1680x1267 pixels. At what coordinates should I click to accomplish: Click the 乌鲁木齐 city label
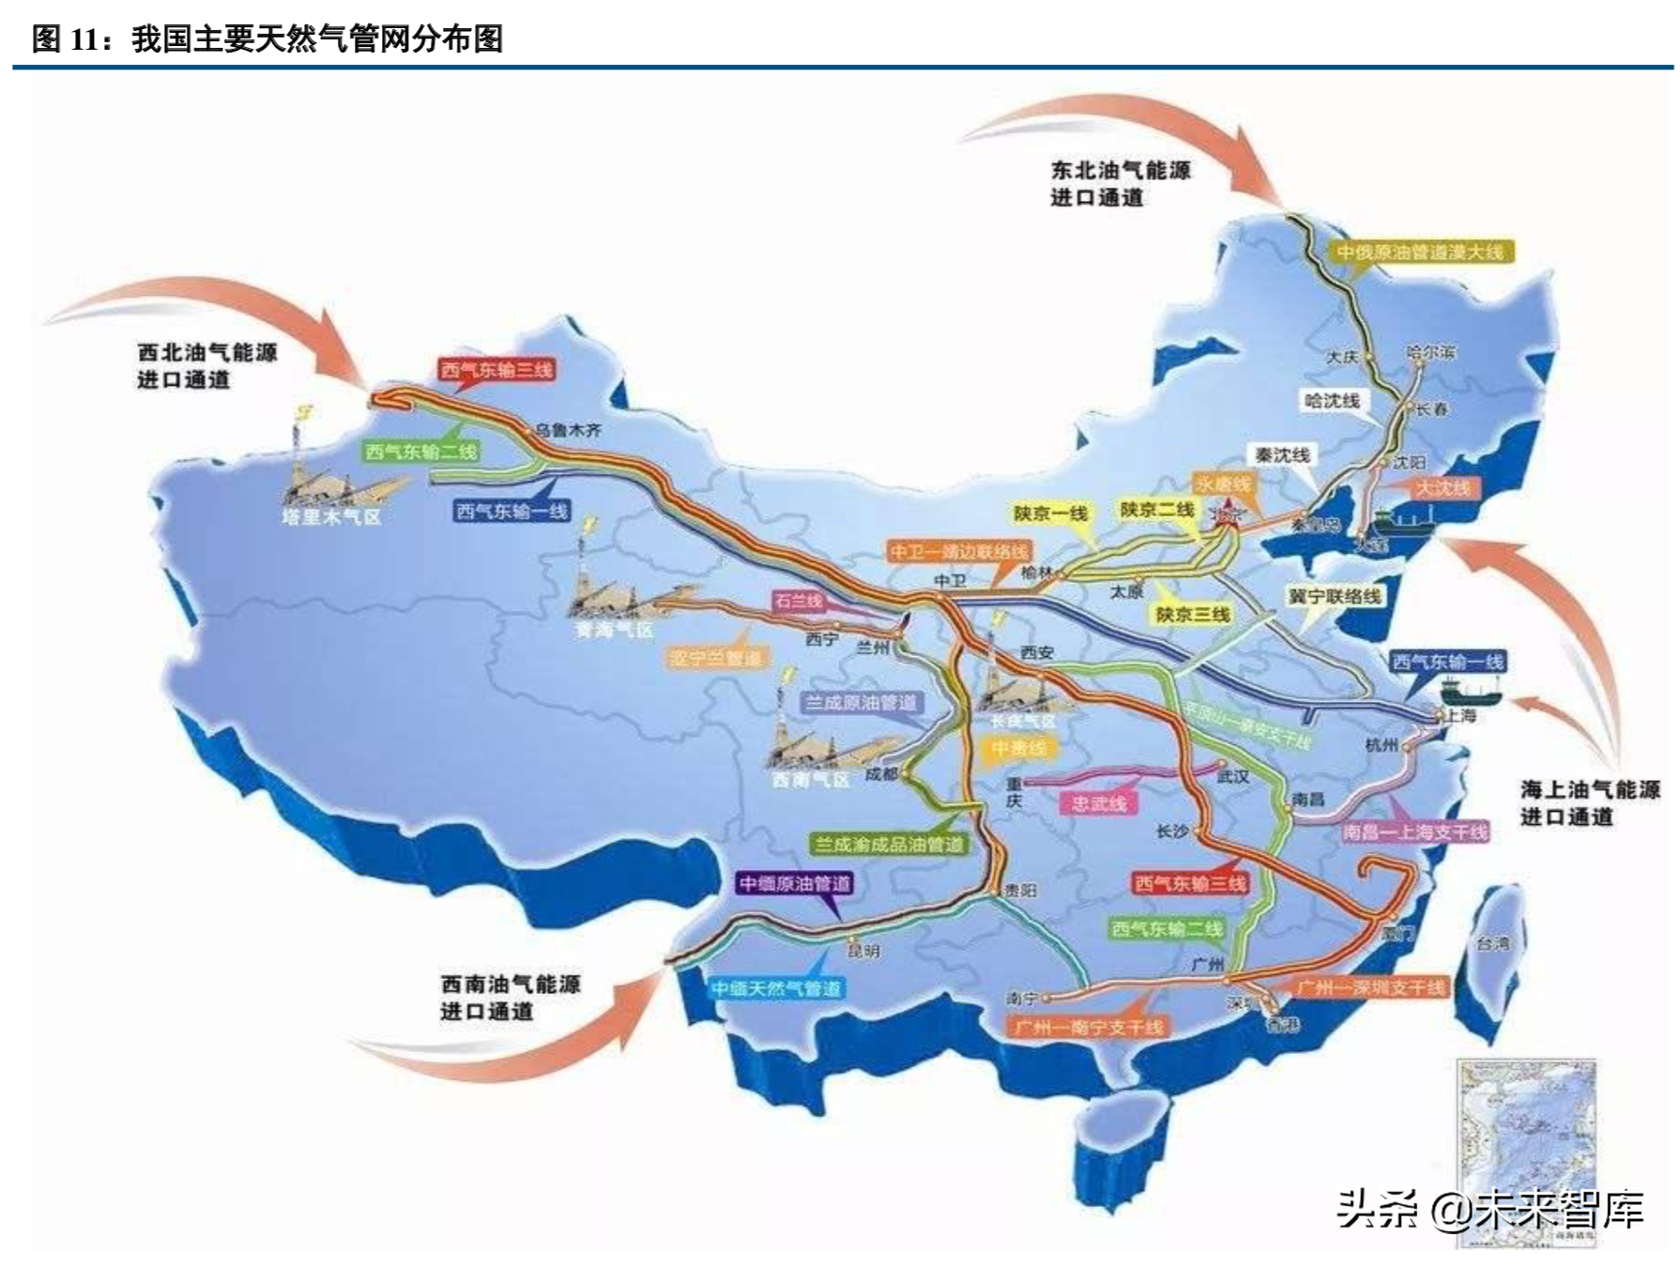pos(568,431)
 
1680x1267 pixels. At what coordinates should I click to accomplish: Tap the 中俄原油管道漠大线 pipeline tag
pos(1419,252)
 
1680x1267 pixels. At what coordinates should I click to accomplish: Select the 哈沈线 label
pos(1332,401)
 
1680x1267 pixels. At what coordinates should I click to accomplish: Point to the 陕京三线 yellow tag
pos(1192,614)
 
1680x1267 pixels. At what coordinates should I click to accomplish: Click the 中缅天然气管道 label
pos(775,988)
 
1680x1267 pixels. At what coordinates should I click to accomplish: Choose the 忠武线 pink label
pos(1098,803)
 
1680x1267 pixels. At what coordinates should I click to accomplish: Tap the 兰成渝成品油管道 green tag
pos(889,845)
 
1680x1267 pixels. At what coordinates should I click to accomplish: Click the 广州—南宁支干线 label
pos(1089,1028)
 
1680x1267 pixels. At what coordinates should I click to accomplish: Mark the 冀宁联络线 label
pos(1334,597)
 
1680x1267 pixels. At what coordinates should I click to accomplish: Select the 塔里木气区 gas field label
pos(331,516)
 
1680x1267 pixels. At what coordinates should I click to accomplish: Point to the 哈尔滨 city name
pos(1430,353)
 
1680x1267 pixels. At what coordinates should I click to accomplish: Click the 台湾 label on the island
pos(1492,943)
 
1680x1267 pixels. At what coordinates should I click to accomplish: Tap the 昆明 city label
pos(863,951)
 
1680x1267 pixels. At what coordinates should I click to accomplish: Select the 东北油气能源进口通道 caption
pos(1120,183)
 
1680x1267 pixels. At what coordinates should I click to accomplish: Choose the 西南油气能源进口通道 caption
pos(510,997)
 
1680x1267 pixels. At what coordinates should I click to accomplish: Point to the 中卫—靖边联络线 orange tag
pos(958,551)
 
